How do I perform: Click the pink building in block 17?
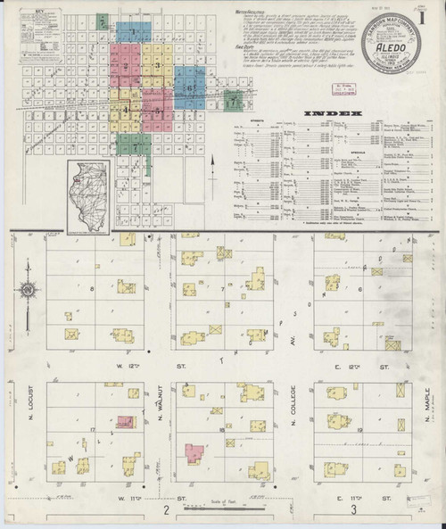click(x=126, y=420)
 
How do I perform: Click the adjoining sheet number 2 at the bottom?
click(x=166, y=510)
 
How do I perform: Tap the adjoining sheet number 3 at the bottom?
click(x=354, y=510)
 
